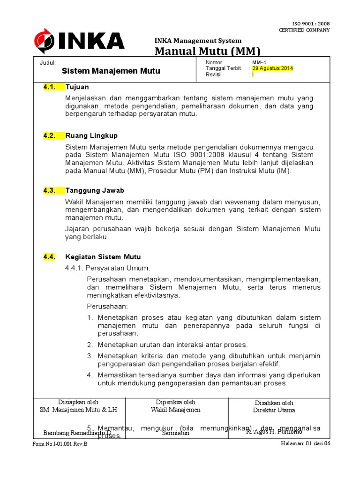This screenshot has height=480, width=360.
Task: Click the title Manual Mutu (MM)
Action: (207, 51)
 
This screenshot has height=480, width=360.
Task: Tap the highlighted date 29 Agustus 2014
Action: (272, 68)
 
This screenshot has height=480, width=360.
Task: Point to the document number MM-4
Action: (259, 62)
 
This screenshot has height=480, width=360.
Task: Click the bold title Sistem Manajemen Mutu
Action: (111, 71)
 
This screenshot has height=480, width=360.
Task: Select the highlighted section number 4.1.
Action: (50, 87)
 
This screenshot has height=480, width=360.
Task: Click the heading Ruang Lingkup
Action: (91, 136)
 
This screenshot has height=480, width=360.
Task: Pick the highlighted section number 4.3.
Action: (50, 190)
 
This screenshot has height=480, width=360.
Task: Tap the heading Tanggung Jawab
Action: (95, 190)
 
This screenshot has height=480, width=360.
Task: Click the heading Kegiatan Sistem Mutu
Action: (103, 257)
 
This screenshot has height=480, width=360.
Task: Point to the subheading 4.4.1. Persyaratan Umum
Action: (108, 268)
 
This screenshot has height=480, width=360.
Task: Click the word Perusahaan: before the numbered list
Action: (107, 306)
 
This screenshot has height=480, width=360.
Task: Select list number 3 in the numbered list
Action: (90, 356)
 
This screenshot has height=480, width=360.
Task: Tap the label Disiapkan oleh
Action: (78, 402)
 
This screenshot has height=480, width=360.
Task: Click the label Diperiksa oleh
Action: (175, 402)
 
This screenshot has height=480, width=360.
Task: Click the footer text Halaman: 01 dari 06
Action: (306, 443)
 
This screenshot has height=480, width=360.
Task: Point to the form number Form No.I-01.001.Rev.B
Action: (60, 444)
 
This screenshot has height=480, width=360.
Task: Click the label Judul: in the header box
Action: (47, 62)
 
